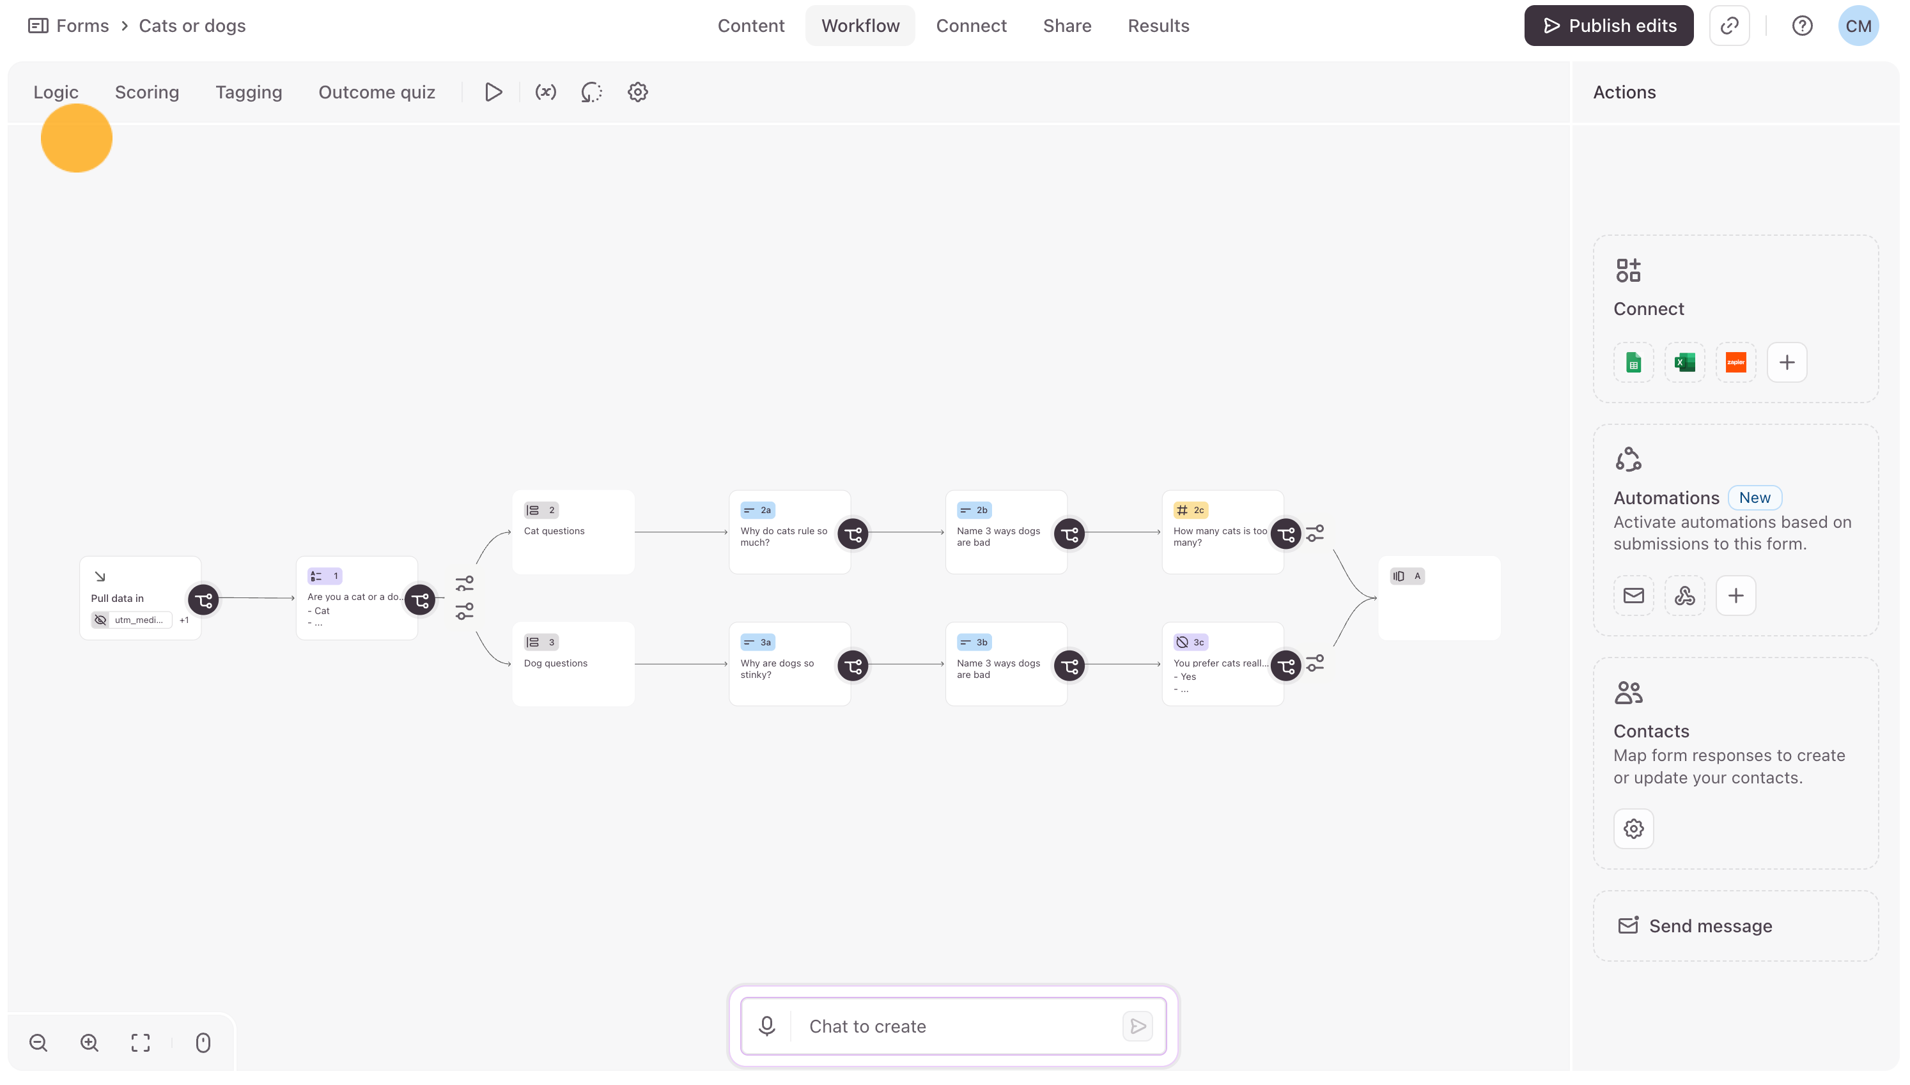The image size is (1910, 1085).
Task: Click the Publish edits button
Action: (x=1608, y=26)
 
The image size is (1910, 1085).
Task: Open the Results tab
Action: (x=1158, y=26)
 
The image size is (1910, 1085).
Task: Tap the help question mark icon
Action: (x=1802, y=26)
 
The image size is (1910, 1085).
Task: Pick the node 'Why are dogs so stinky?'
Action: (x=790, y=664)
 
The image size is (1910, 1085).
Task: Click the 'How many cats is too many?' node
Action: (x=1223, y=532)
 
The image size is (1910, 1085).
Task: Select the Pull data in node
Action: (x=140, y=598)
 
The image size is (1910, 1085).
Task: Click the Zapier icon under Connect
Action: (x=1735, y=363)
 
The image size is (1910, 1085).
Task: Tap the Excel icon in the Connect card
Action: (x=1684, y=363)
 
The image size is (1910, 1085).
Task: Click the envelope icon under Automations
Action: (x=1633, y=596)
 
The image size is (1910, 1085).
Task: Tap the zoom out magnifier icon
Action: (x=39, y=1043)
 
